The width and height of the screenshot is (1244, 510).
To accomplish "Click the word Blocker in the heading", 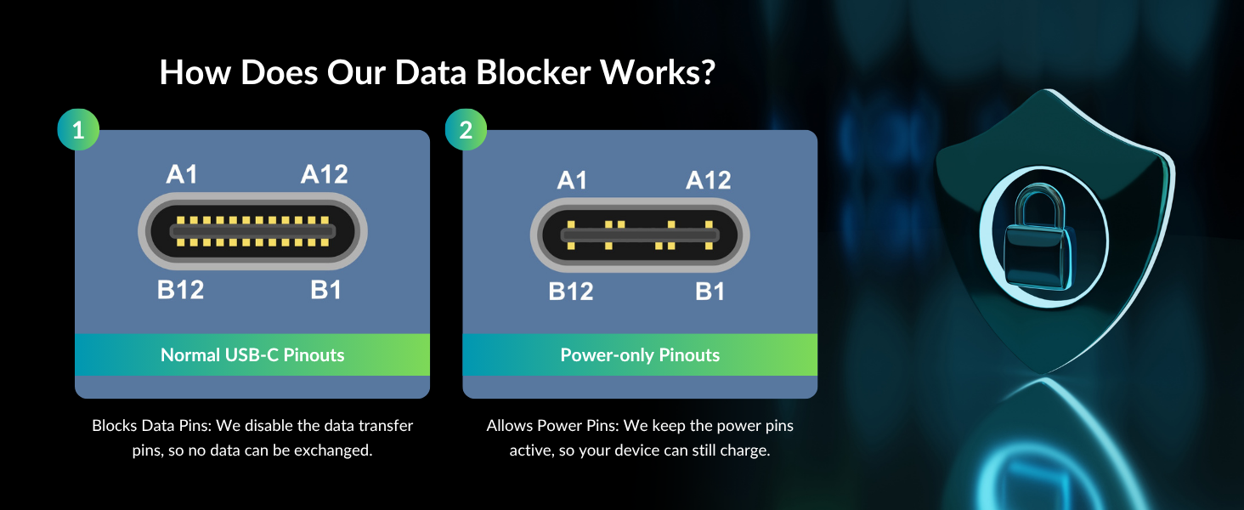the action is pos(533,72).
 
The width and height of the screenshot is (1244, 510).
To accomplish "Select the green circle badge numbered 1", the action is pos(78,129).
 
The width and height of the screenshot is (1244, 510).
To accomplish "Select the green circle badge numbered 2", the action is pos(466,129).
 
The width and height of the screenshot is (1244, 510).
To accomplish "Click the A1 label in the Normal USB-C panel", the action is pos(182,174).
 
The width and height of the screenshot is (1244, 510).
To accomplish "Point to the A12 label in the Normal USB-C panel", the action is pos(325,174).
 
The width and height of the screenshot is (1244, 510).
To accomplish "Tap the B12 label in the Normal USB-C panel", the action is pos(180,290).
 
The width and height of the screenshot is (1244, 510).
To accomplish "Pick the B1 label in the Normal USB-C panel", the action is pos(325,290).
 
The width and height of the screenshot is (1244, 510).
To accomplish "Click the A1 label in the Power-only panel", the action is pos(572,180).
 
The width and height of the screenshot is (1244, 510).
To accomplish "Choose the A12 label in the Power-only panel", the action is pos(709,180).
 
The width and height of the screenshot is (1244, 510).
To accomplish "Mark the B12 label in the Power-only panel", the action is pos(571,291).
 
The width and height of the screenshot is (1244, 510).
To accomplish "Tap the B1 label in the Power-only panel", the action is pos(710,291).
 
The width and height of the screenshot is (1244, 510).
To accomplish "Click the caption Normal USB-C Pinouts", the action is pos(252,355).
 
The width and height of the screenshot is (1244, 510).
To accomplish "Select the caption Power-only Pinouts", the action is pos(640,355).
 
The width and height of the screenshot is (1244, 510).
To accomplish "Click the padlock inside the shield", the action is pos(1038,238).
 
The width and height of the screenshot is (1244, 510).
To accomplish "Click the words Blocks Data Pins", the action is pos(151,426).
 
